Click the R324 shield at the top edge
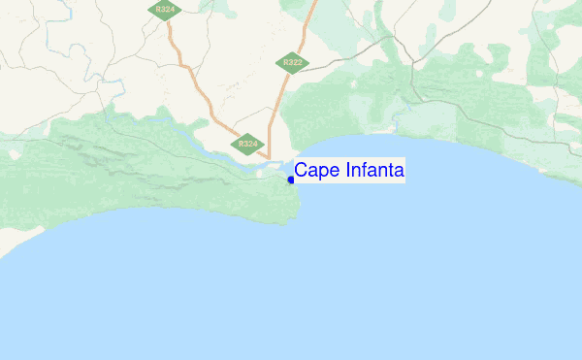[x=164, y=9]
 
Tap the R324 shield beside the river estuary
[x=248, y=144]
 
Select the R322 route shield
[x=290, y=62]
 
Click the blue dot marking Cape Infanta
[x=291, y=180]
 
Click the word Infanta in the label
[x=370, y=171]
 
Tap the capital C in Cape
[x=301, y=171]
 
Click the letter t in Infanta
[x=388, y=171]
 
